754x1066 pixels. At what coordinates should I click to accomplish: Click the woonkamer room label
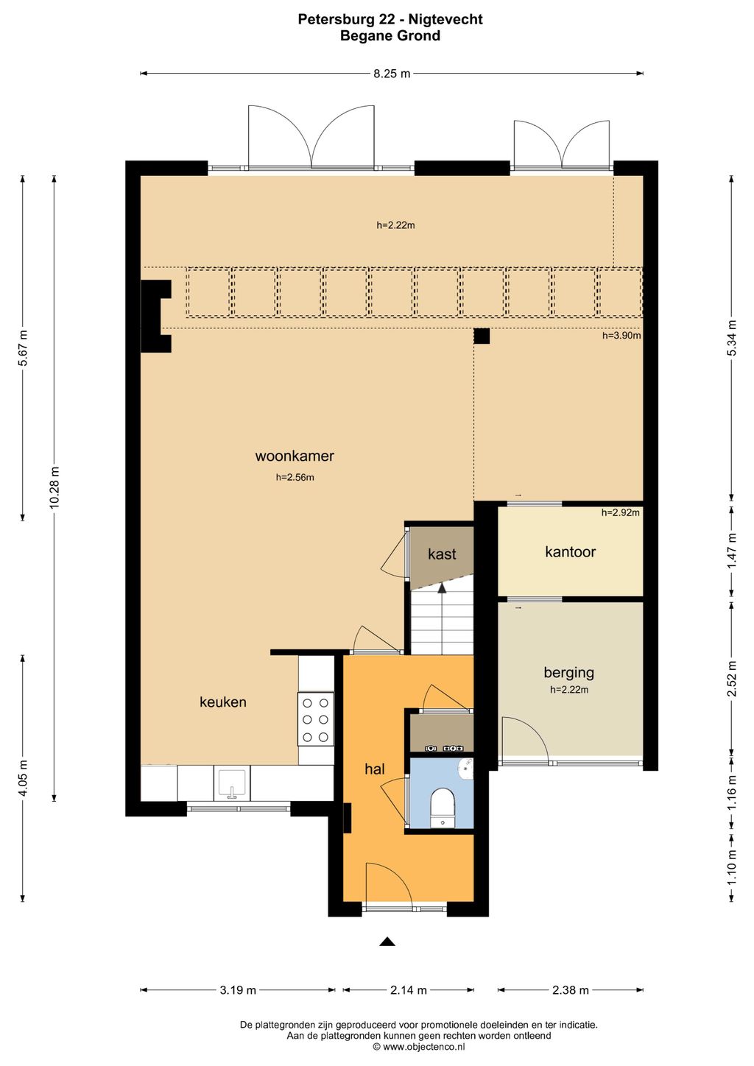[x=295, y=456]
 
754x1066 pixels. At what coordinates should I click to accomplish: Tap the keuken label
[x=223, y=702]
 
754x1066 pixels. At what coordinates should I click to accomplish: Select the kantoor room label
[x=570, y=551]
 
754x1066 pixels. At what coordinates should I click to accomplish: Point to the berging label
[x=569, y=673]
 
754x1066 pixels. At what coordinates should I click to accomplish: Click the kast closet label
[x=442, y=554]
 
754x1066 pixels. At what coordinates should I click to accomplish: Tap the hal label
[x=375, y=769]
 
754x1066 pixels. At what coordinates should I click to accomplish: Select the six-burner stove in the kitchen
[x=316, y=719]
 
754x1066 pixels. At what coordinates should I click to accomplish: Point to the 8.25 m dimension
[x=392, y=74]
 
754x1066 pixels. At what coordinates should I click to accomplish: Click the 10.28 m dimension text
[x=54, y=488]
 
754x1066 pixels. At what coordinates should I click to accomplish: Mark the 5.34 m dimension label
[x=732, y=337]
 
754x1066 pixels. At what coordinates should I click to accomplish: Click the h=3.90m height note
[x=621, y=336]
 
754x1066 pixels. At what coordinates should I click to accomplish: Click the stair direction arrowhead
[x=443, y=587]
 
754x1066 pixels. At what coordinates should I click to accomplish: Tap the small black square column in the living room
[x=482, y=336]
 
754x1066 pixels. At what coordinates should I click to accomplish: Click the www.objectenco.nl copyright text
[x=419, y=1046]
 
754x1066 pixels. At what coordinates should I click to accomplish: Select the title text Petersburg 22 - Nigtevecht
[x=390, y=19]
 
